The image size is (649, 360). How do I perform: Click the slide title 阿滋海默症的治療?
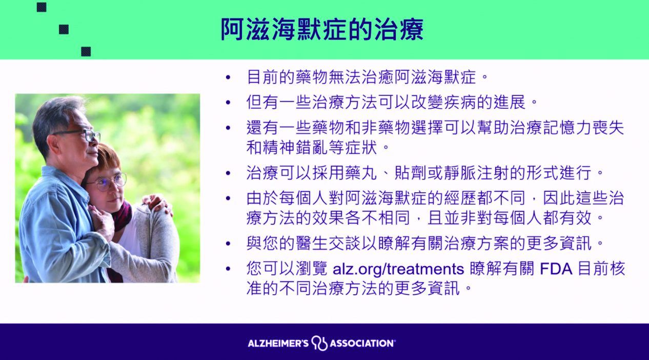click(322, 29)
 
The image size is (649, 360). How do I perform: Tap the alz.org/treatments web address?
click(398, 269)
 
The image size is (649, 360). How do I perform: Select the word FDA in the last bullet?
click(556, 269)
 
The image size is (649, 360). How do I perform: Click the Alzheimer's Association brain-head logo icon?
click(319, 343)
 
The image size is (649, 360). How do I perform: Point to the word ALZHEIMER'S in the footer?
click(278, 344)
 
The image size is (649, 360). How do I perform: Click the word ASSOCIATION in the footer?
click(362, 344)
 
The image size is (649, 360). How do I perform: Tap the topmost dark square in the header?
click(42, 7)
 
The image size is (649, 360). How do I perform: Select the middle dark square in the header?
click(64, 29)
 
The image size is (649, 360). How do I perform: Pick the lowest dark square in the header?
click(86, 52)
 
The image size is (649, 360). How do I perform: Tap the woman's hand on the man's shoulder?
click(156, 203)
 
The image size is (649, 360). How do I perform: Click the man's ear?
click(52, 145)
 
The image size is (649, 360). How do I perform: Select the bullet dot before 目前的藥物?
click(228, 77)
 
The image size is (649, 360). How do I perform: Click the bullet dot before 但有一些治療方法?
click(228, 103)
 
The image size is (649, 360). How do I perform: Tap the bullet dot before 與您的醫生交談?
click(228, 244)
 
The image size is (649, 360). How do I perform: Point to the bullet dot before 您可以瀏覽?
click(228, 269)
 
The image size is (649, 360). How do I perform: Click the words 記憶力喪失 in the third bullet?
click(583, 128)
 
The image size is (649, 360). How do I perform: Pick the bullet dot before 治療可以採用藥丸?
click(228, 173)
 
